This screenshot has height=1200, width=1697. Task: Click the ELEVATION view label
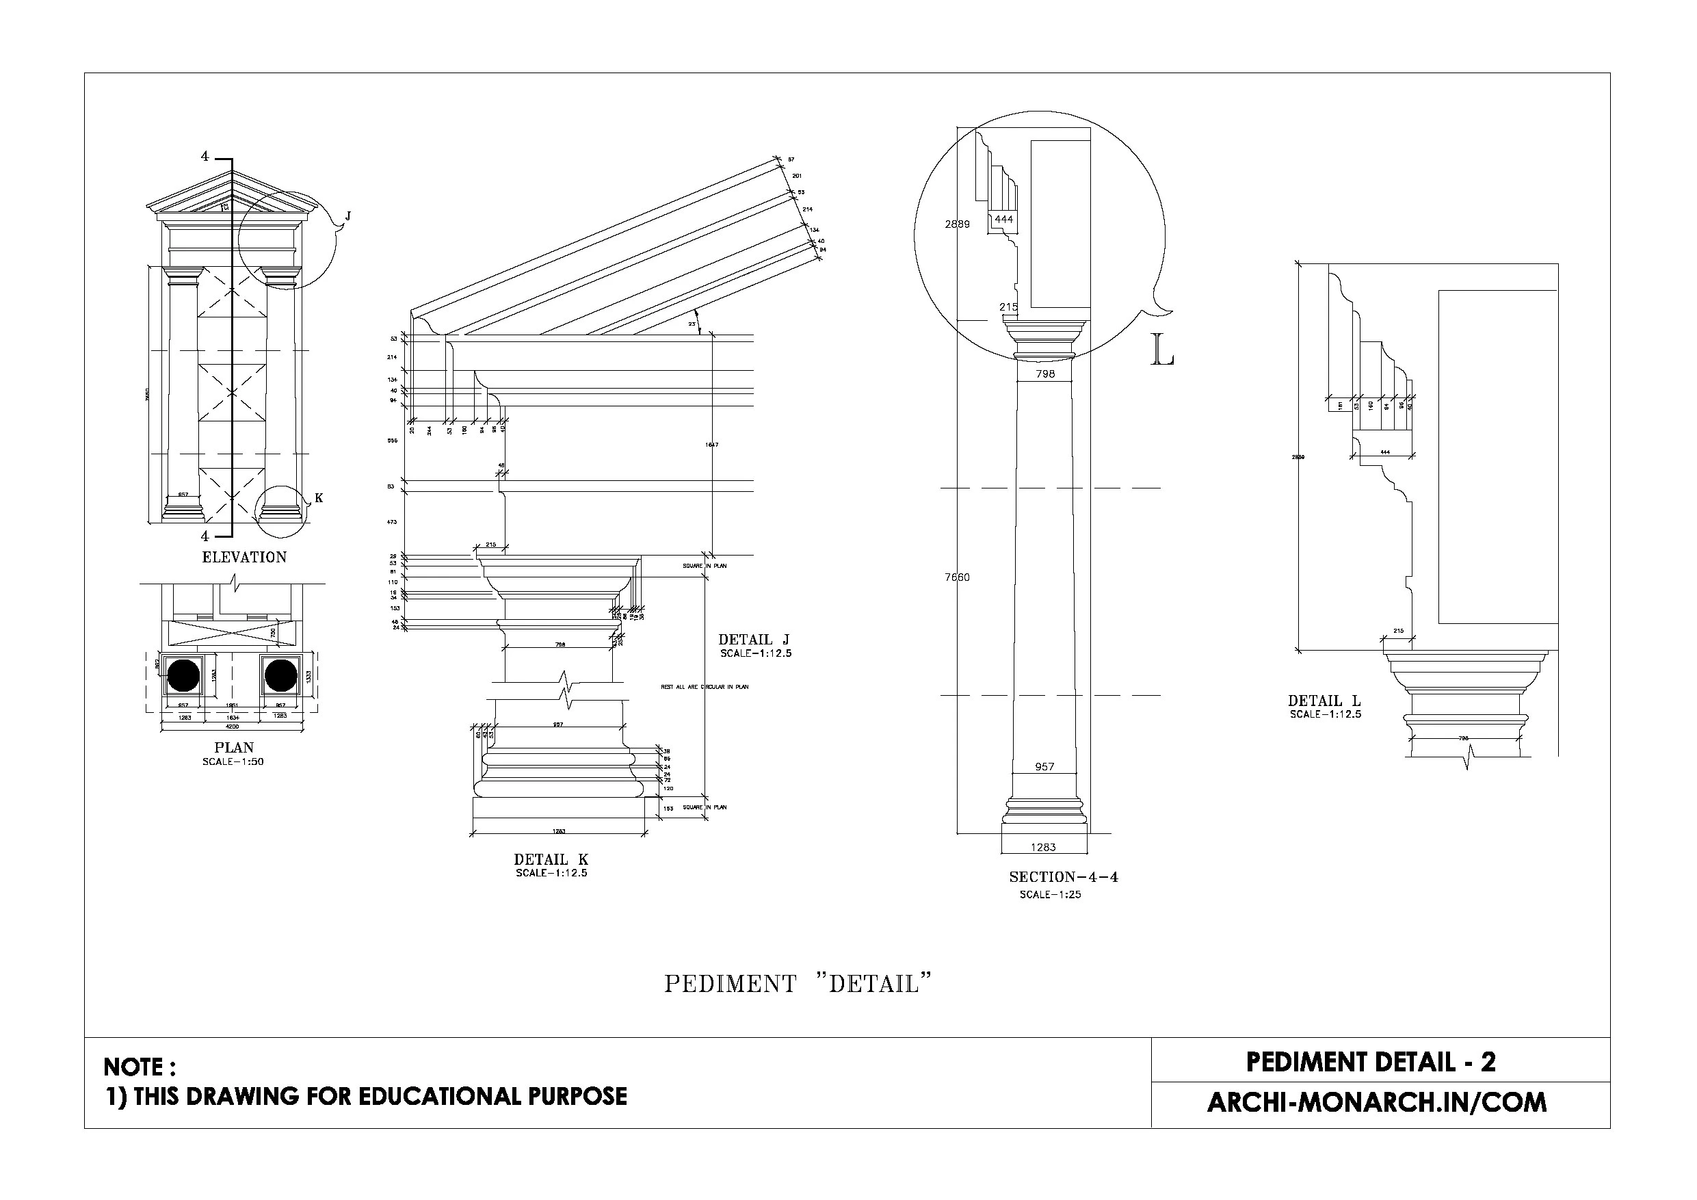244,558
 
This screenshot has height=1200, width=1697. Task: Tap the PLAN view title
233,748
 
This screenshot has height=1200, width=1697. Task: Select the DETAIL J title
754,640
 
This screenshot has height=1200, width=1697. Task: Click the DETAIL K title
551,859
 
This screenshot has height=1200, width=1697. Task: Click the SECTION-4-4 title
1064,877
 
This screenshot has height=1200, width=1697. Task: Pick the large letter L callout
1163,350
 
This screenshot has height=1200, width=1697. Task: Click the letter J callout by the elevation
348,216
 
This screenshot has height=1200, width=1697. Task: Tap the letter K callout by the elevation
319,497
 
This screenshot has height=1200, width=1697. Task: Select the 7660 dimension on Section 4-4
957,577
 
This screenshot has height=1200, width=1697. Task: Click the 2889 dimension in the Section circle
957,224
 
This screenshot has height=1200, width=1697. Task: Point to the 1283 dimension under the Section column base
1044,847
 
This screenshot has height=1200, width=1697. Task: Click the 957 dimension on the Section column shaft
1044,767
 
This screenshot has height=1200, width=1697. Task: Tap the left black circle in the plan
183,675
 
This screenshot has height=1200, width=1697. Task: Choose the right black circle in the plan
281,675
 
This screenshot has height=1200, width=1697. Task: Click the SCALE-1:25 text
1050,895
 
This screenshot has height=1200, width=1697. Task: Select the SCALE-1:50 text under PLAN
233,761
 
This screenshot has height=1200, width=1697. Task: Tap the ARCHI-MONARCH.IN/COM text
1376,1102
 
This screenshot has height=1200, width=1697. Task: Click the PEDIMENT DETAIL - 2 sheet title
1371,1062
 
